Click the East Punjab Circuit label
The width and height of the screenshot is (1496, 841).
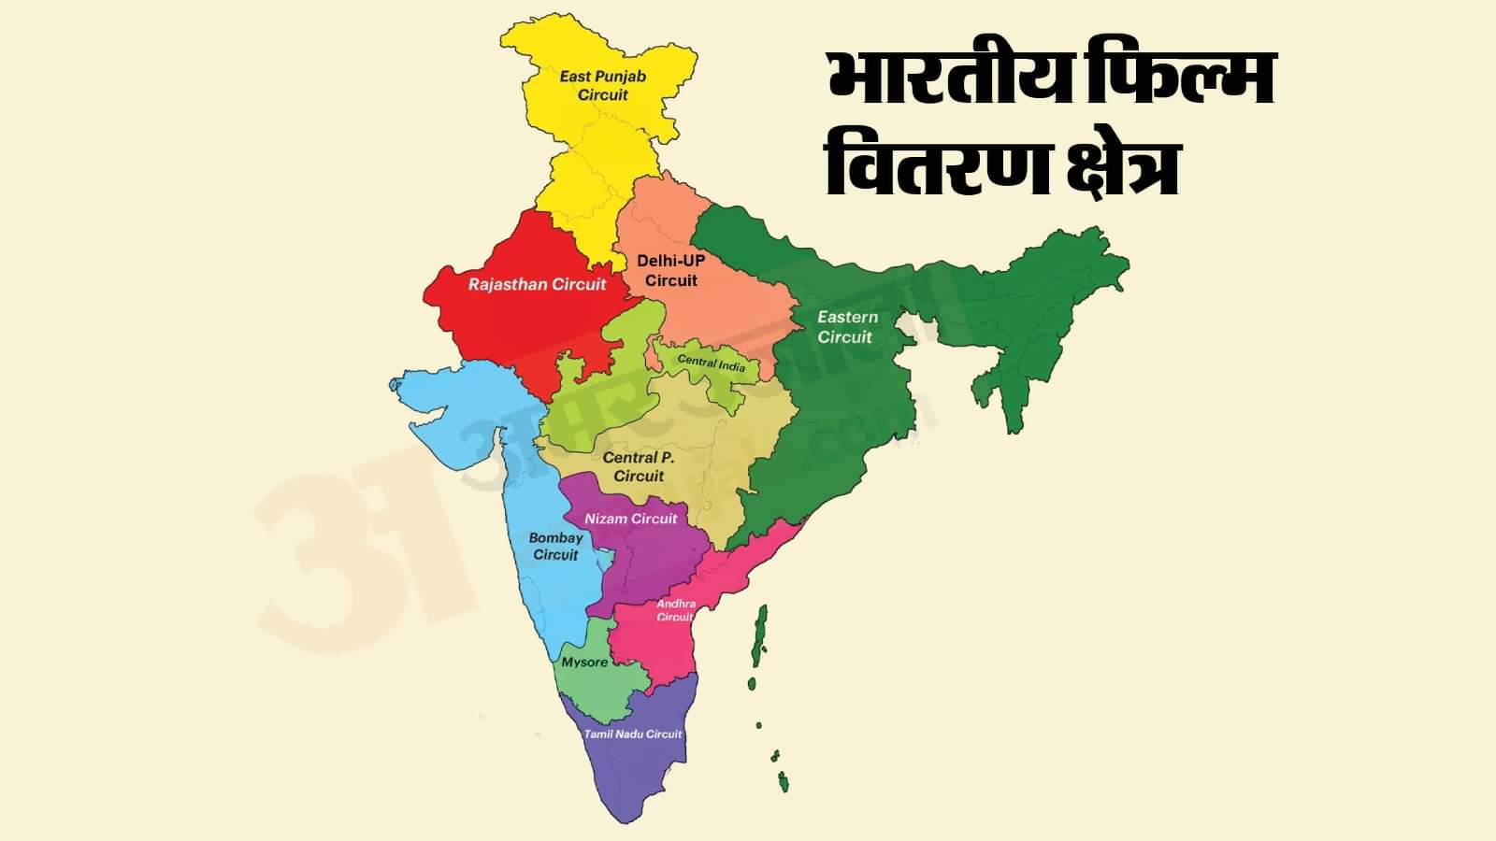(x=603, y=85)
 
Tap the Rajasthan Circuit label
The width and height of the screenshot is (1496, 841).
(x=537, y=284)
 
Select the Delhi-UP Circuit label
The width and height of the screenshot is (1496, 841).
(x=670, y=270)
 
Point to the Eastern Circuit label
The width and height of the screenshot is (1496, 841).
(x=847, y=327)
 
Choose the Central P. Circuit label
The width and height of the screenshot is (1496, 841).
(x=639, y=466)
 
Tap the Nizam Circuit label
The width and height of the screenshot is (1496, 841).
(x=630, y=519)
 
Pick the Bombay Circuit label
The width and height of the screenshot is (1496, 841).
(x=555, y=546)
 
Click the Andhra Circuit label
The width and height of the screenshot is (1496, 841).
(x=675, y=610)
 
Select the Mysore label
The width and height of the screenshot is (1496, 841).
(x=584, y=663)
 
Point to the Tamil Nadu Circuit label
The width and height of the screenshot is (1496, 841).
(x=633, y=734)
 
